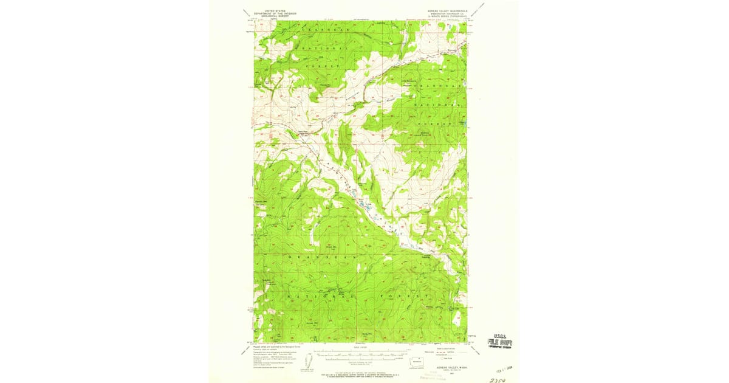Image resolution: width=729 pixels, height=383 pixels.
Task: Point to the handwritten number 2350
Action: pyautogui.click(x=497, y=379)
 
